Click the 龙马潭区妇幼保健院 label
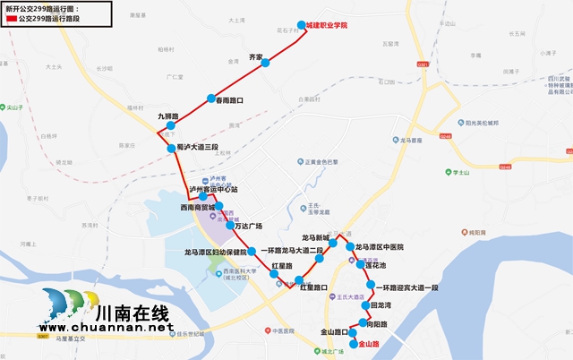click(215, 253)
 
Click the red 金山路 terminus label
click(369, 343)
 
